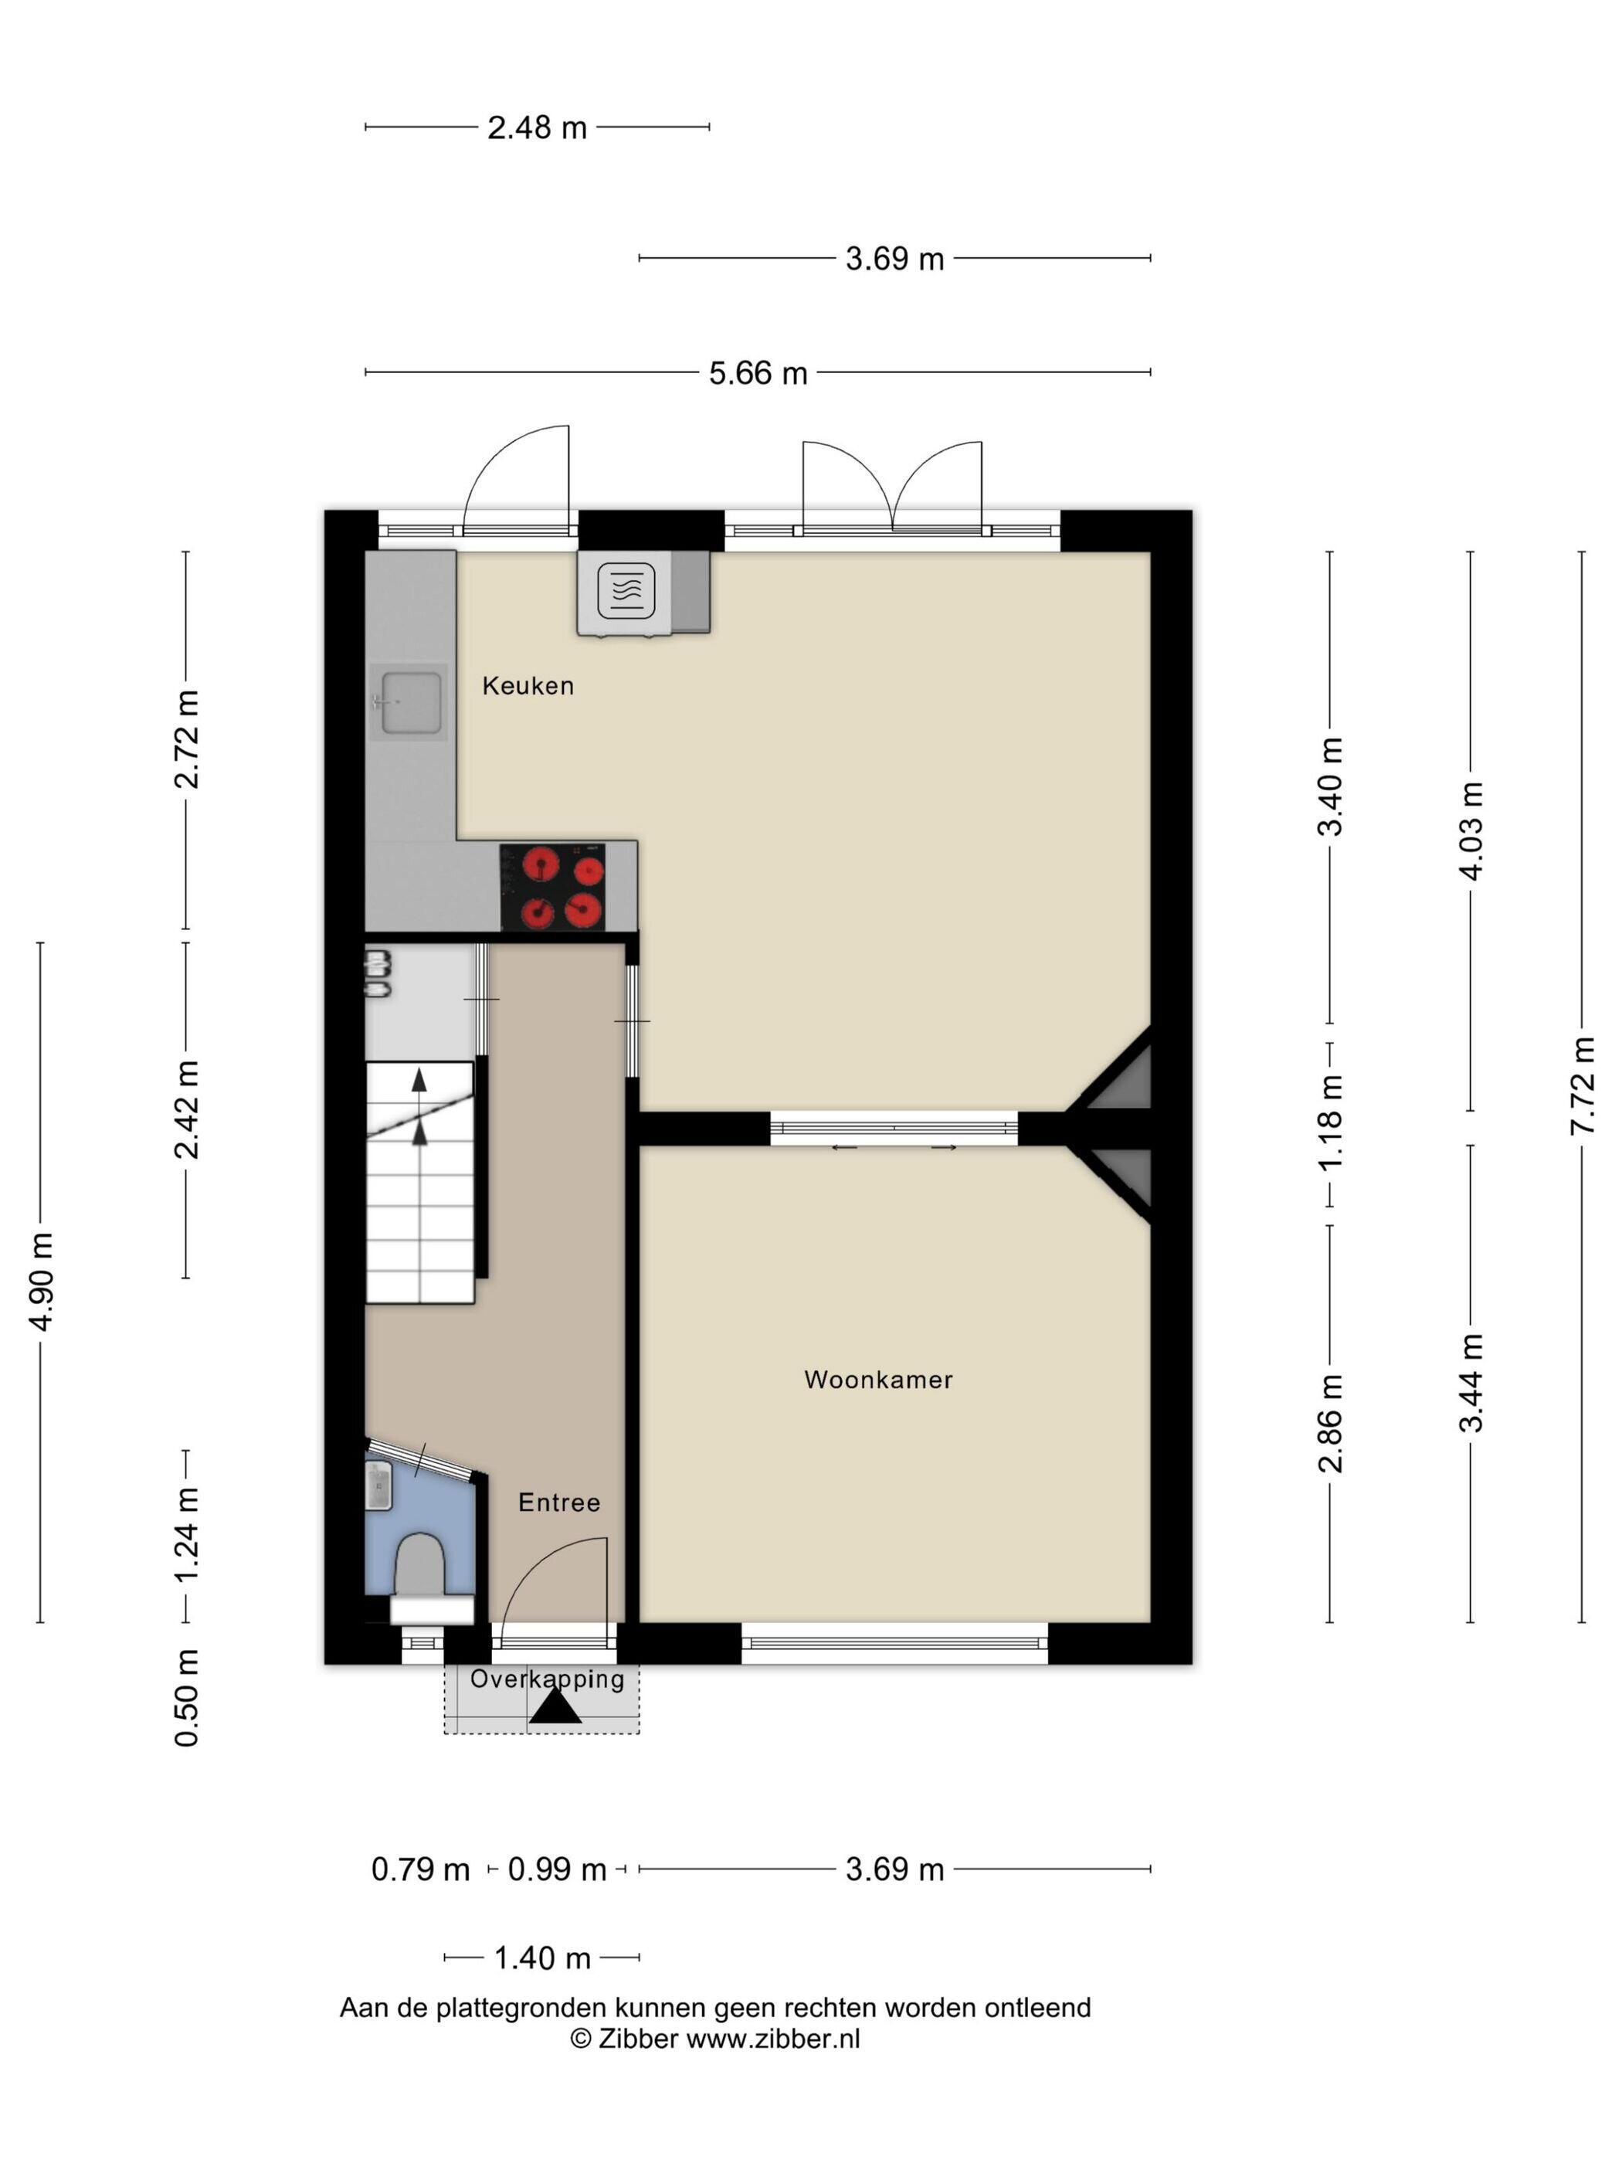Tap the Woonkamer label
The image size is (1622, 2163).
click(878, 1380)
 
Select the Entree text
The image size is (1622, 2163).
click(558, 1502)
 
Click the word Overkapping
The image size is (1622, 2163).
click(547, 1679)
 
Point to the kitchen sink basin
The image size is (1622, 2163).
click(411, 702)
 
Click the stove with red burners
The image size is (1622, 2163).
click(552, 887)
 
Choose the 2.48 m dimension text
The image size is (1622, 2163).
click(537, 128)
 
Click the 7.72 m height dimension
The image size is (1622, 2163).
click(1582, 1086)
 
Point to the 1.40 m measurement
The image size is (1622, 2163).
click(541, 1958)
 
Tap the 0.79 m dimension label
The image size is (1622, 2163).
click(420, 1869)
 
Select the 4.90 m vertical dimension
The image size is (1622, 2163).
click(41, 1282)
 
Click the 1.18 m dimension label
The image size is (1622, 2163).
click(1331, 1122)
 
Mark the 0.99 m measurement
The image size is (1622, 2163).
click(558, 1869)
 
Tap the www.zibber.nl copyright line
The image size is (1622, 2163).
click(714, 2039)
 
